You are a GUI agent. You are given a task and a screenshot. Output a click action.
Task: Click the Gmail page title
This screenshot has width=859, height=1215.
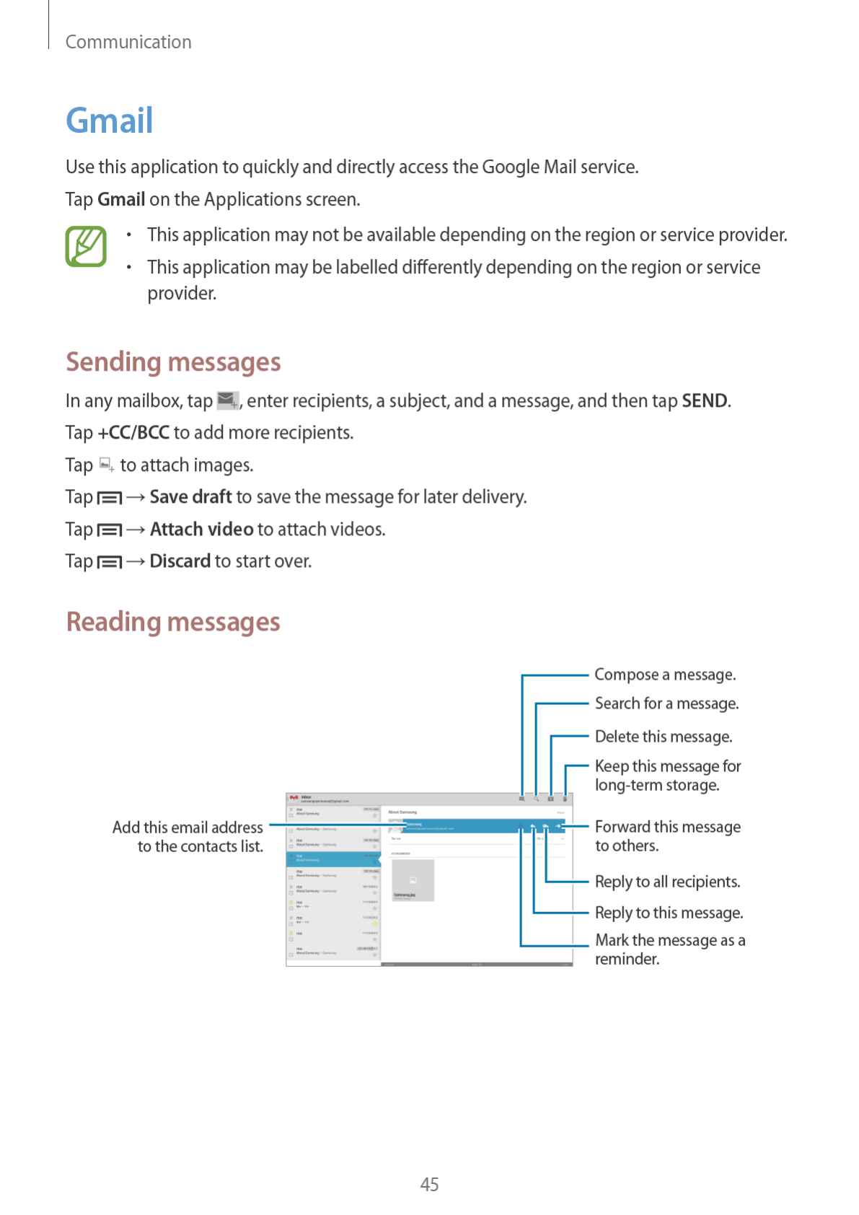pos(110,120)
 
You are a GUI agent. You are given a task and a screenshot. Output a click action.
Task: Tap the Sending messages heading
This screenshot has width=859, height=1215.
pos(173,362)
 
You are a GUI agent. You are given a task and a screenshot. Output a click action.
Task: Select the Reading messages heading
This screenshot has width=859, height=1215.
pos(173,622)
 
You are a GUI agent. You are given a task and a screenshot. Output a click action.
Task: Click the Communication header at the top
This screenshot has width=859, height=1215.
pos(128,42)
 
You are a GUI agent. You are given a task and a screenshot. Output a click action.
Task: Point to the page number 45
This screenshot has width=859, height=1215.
pos(429,1184)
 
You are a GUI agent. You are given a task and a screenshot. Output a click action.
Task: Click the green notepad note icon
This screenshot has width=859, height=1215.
pos(86,247)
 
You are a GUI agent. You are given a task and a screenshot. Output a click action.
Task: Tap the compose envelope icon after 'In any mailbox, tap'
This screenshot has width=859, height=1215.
pos(228,400)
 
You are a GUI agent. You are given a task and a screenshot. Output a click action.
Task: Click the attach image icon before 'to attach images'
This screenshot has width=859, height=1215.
pos(107,465)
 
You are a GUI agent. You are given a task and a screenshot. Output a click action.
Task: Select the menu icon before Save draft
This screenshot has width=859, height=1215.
pos(110,498)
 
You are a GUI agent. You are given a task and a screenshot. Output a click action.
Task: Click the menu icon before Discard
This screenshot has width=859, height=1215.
pos(110,562)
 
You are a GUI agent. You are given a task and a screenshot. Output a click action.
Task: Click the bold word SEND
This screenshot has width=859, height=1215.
pos(705,401)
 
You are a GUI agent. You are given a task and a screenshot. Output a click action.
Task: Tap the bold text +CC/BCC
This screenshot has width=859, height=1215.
pos(134,433)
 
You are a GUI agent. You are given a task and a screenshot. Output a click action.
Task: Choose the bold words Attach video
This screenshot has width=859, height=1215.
pos(202,530)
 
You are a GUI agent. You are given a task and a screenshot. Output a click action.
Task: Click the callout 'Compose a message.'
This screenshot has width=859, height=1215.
pos(665,675)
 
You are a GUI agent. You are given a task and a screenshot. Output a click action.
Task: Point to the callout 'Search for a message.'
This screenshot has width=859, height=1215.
pos(666,703)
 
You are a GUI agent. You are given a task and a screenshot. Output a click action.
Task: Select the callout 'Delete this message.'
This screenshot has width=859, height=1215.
pos(664,737)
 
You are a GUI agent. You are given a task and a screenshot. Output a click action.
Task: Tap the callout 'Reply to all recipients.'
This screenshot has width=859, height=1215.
pos(668,882)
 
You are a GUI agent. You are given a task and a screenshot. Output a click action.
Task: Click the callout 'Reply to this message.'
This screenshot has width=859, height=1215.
pos(669,913)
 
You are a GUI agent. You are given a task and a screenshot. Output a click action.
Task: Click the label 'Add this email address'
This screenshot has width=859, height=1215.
pos(188,828)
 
